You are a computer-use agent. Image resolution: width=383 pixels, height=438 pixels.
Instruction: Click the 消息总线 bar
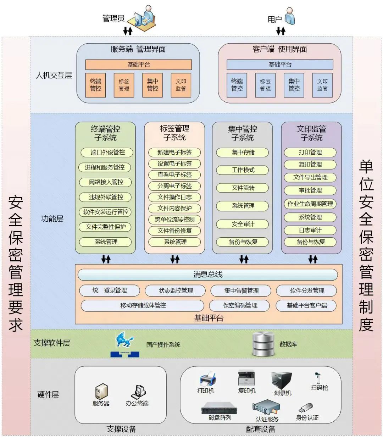point(207,275)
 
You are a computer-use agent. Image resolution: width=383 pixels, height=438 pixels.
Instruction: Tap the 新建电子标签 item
point(174,153)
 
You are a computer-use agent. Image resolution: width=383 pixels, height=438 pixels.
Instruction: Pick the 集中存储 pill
point(243,153)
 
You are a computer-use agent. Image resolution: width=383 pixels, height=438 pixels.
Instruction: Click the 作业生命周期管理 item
point(310,204)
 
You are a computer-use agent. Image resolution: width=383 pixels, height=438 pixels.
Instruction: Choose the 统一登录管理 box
point(110,290)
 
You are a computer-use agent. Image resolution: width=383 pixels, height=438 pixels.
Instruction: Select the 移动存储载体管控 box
point(143,305)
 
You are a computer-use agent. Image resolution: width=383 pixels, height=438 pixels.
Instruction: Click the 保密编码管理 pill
point(240,305)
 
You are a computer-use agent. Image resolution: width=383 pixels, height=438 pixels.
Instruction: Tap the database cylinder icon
point(263,344)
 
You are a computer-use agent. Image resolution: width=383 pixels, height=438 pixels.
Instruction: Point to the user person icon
point(290,16)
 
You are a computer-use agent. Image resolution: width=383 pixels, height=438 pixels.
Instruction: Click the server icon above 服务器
point(101,392)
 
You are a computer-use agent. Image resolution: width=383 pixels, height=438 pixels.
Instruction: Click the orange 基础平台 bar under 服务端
point(138,65)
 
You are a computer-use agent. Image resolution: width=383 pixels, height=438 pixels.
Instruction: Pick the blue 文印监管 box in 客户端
point(322,85)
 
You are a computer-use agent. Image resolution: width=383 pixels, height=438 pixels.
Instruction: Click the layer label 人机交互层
point(54,75)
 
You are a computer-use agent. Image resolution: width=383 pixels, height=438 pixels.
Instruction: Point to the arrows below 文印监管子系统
point(312,259)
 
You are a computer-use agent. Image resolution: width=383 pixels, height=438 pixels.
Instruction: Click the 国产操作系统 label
point(163,344)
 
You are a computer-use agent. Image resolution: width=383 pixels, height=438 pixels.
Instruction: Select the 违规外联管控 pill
point(106,197)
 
